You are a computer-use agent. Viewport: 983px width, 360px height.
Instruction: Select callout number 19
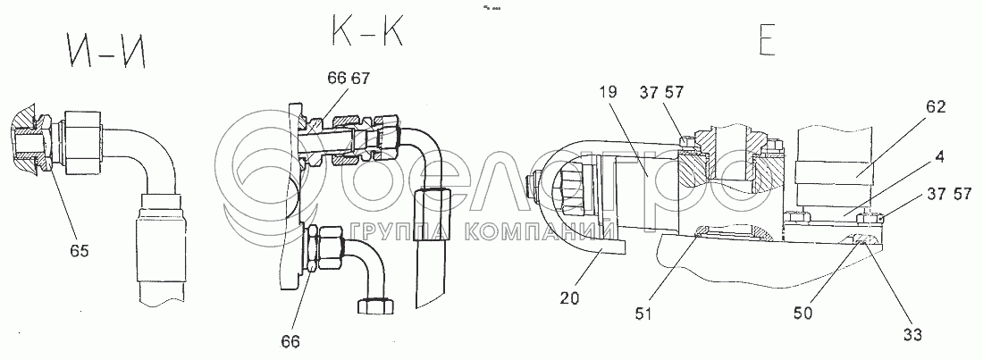point(608,93)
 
